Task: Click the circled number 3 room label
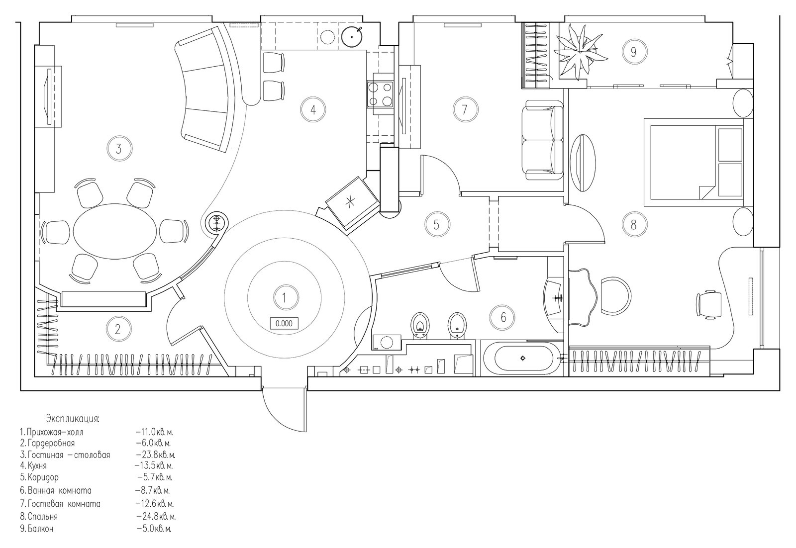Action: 118,148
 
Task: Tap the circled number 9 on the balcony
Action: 633,52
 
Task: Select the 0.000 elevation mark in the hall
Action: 284,323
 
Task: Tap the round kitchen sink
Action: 352,35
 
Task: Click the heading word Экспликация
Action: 73,417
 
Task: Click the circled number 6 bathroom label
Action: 503,316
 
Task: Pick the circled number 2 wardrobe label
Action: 118,329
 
